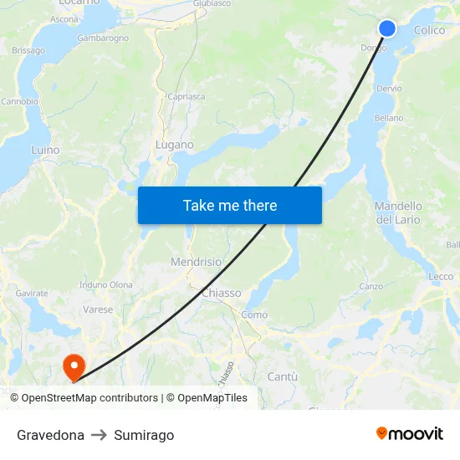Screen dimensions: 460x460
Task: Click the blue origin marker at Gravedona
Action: click(x=387, y=28)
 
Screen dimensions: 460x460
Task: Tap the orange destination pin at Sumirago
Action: click(x=74, y=365)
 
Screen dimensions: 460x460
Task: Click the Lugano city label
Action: click(x=174, y=145)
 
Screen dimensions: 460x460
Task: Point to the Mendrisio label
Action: click(x=196, y=262)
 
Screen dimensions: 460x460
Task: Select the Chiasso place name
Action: click(x=222, y=293)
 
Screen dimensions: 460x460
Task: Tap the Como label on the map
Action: click(x=254, y=314)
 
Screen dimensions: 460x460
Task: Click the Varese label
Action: click(x=98, y=309)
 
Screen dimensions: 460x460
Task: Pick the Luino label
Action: click(x=45, y=150)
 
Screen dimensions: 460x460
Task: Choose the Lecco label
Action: click(x=441, y=276)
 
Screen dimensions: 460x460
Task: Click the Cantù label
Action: click(x=282, y=377)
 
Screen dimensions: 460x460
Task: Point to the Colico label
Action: click(x=429, y=30)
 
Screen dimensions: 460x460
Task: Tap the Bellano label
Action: click(x=389, y=118)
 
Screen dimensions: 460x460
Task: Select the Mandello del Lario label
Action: click(x=398, y=212)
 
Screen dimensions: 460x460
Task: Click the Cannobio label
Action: click(x=19, y=101)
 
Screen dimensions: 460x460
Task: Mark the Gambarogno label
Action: click(x=103, y=38)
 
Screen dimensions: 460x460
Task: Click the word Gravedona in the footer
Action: click(x=50, y=435)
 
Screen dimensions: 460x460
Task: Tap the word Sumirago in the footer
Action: click(x=144, y=435)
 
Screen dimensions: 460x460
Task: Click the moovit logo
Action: click(x=410, y=433)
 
